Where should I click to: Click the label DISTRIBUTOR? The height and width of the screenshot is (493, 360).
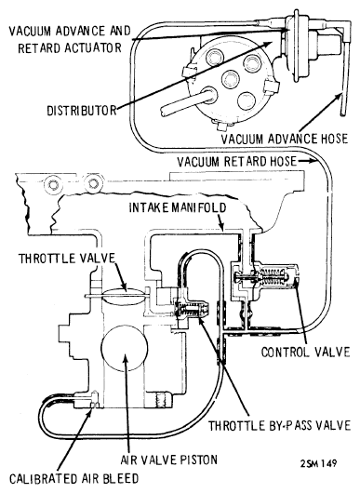click(82, 111)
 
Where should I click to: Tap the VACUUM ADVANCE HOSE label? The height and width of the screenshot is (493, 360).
click(285, 139)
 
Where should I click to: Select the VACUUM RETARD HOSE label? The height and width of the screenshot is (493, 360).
click(237, 161)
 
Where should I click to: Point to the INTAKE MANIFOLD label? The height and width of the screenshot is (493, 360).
click(178, 207)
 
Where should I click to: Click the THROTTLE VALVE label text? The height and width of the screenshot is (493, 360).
click(67, 259)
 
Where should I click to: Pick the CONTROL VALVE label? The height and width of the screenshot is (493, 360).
click(306, 352)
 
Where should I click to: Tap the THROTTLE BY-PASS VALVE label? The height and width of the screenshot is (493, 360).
click(280, 425)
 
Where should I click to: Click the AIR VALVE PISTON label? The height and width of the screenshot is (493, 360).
click(169, 460)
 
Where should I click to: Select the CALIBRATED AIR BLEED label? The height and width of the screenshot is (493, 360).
click(73, 478)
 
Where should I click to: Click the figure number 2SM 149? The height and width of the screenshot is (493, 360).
click(318, 463)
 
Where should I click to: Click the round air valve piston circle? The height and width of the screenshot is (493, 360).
click(125, 348)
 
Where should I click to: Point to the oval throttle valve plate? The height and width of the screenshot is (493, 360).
click(124, 296)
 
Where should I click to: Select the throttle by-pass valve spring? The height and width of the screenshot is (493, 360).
click(189, 310)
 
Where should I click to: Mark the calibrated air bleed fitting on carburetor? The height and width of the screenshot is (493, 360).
click(94, 400)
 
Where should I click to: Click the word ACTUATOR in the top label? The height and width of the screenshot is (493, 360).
click(92, 47)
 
